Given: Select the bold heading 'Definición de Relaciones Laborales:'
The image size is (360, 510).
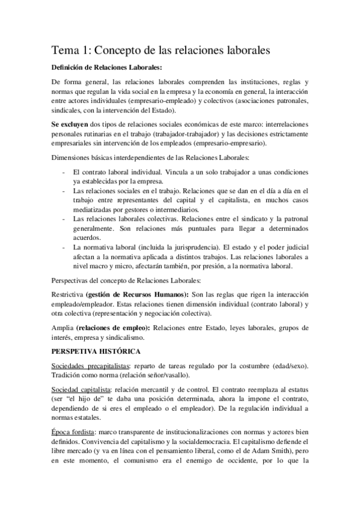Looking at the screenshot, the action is point(107,68).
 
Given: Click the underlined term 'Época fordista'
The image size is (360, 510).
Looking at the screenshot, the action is point(72,432).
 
